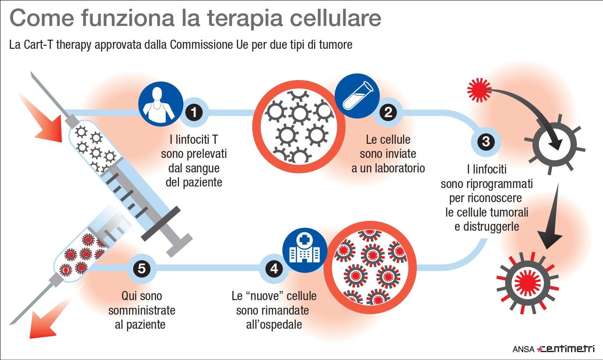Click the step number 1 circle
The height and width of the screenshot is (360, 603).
pyautogui.click(x=194, y=112)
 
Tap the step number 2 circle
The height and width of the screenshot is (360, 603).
pyautogui.click(x=388, y=112)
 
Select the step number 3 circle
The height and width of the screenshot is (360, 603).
pyautogui.click(x=486, y=141)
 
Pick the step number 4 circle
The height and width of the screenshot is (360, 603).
pyautogui.click(x=274, y=268)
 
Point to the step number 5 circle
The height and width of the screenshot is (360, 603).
pyautogui.click(x=142, y=268)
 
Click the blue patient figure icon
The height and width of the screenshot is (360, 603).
pyautogui.click(x=161, y=104)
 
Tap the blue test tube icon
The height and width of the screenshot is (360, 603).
pyautogui.click(x=357, y=96)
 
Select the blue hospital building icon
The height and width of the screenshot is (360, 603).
pyautogui.click(x=305, y=250)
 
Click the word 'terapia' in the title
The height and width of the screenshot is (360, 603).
pyautogui.click(x=244, y=19)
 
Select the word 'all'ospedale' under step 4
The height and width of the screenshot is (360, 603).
pyautogui.click(x=274, y=325)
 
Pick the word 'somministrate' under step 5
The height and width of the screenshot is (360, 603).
pyautogui.click(x=142, y=310)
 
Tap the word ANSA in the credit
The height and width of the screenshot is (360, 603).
pyautogui.click(x=523, y=349)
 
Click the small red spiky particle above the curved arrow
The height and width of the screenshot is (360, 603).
pyautogui.click(x=479, y=90)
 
